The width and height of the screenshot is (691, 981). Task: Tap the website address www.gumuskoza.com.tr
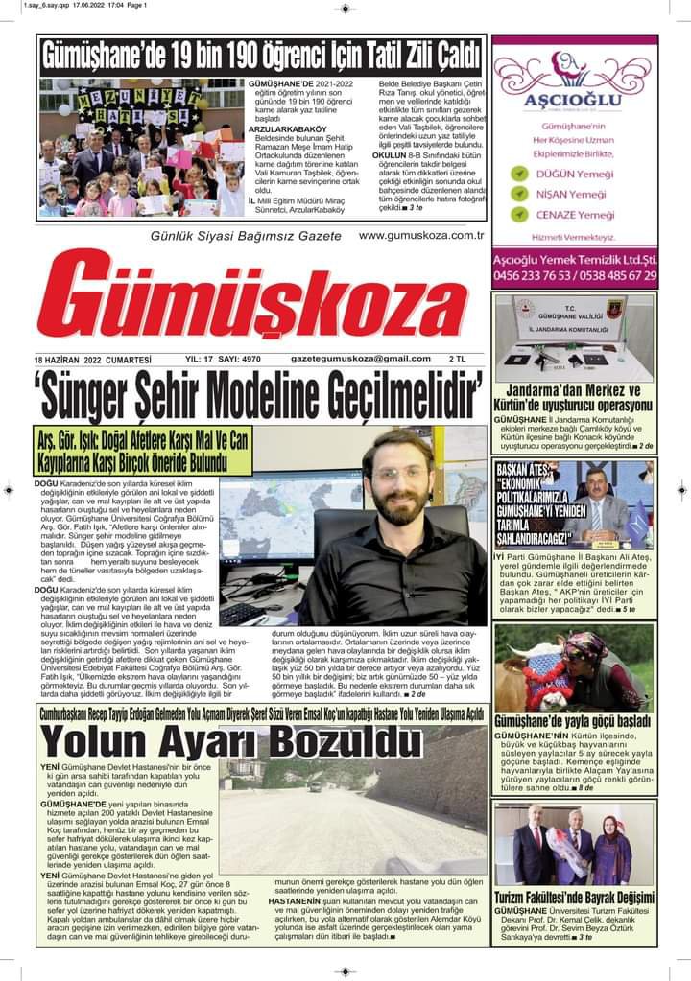tap(420, 235)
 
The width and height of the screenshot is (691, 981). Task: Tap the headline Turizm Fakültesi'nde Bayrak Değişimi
tap(574, 898)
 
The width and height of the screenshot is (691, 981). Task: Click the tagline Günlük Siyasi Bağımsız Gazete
tap(246, 236)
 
